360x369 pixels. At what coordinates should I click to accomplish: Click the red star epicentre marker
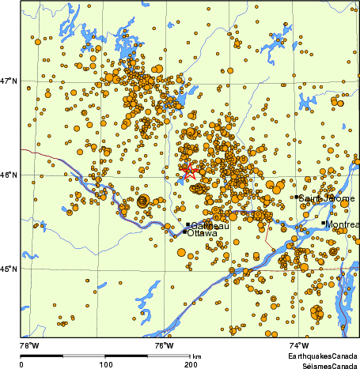tap(188, 171)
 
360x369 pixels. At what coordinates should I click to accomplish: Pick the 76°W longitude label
tap(164, 345)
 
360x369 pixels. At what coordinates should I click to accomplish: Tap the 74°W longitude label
tap(298, 345)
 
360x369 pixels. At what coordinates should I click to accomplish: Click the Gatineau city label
tap(210, 226)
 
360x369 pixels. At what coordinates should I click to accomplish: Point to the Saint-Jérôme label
tap(326, 198)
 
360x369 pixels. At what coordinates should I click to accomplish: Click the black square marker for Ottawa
tap(185, 232)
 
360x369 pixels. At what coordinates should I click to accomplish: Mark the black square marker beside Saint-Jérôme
tap(297, 198)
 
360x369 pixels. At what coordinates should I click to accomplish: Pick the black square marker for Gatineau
tap(188, 225)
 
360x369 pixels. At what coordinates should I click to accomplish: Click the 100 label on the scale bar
tap(105, 364)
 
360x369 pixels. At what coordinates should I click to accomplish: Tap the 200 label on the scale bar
tap(190, 364)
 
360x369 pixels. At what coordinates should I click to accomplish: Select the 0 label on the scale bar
tap(21, 364)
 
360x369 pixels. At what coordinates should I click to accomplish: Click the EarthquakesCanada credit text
tap(322, 357)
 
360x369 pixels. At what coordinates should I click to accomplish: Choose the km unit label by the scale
tap(197, 357)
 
